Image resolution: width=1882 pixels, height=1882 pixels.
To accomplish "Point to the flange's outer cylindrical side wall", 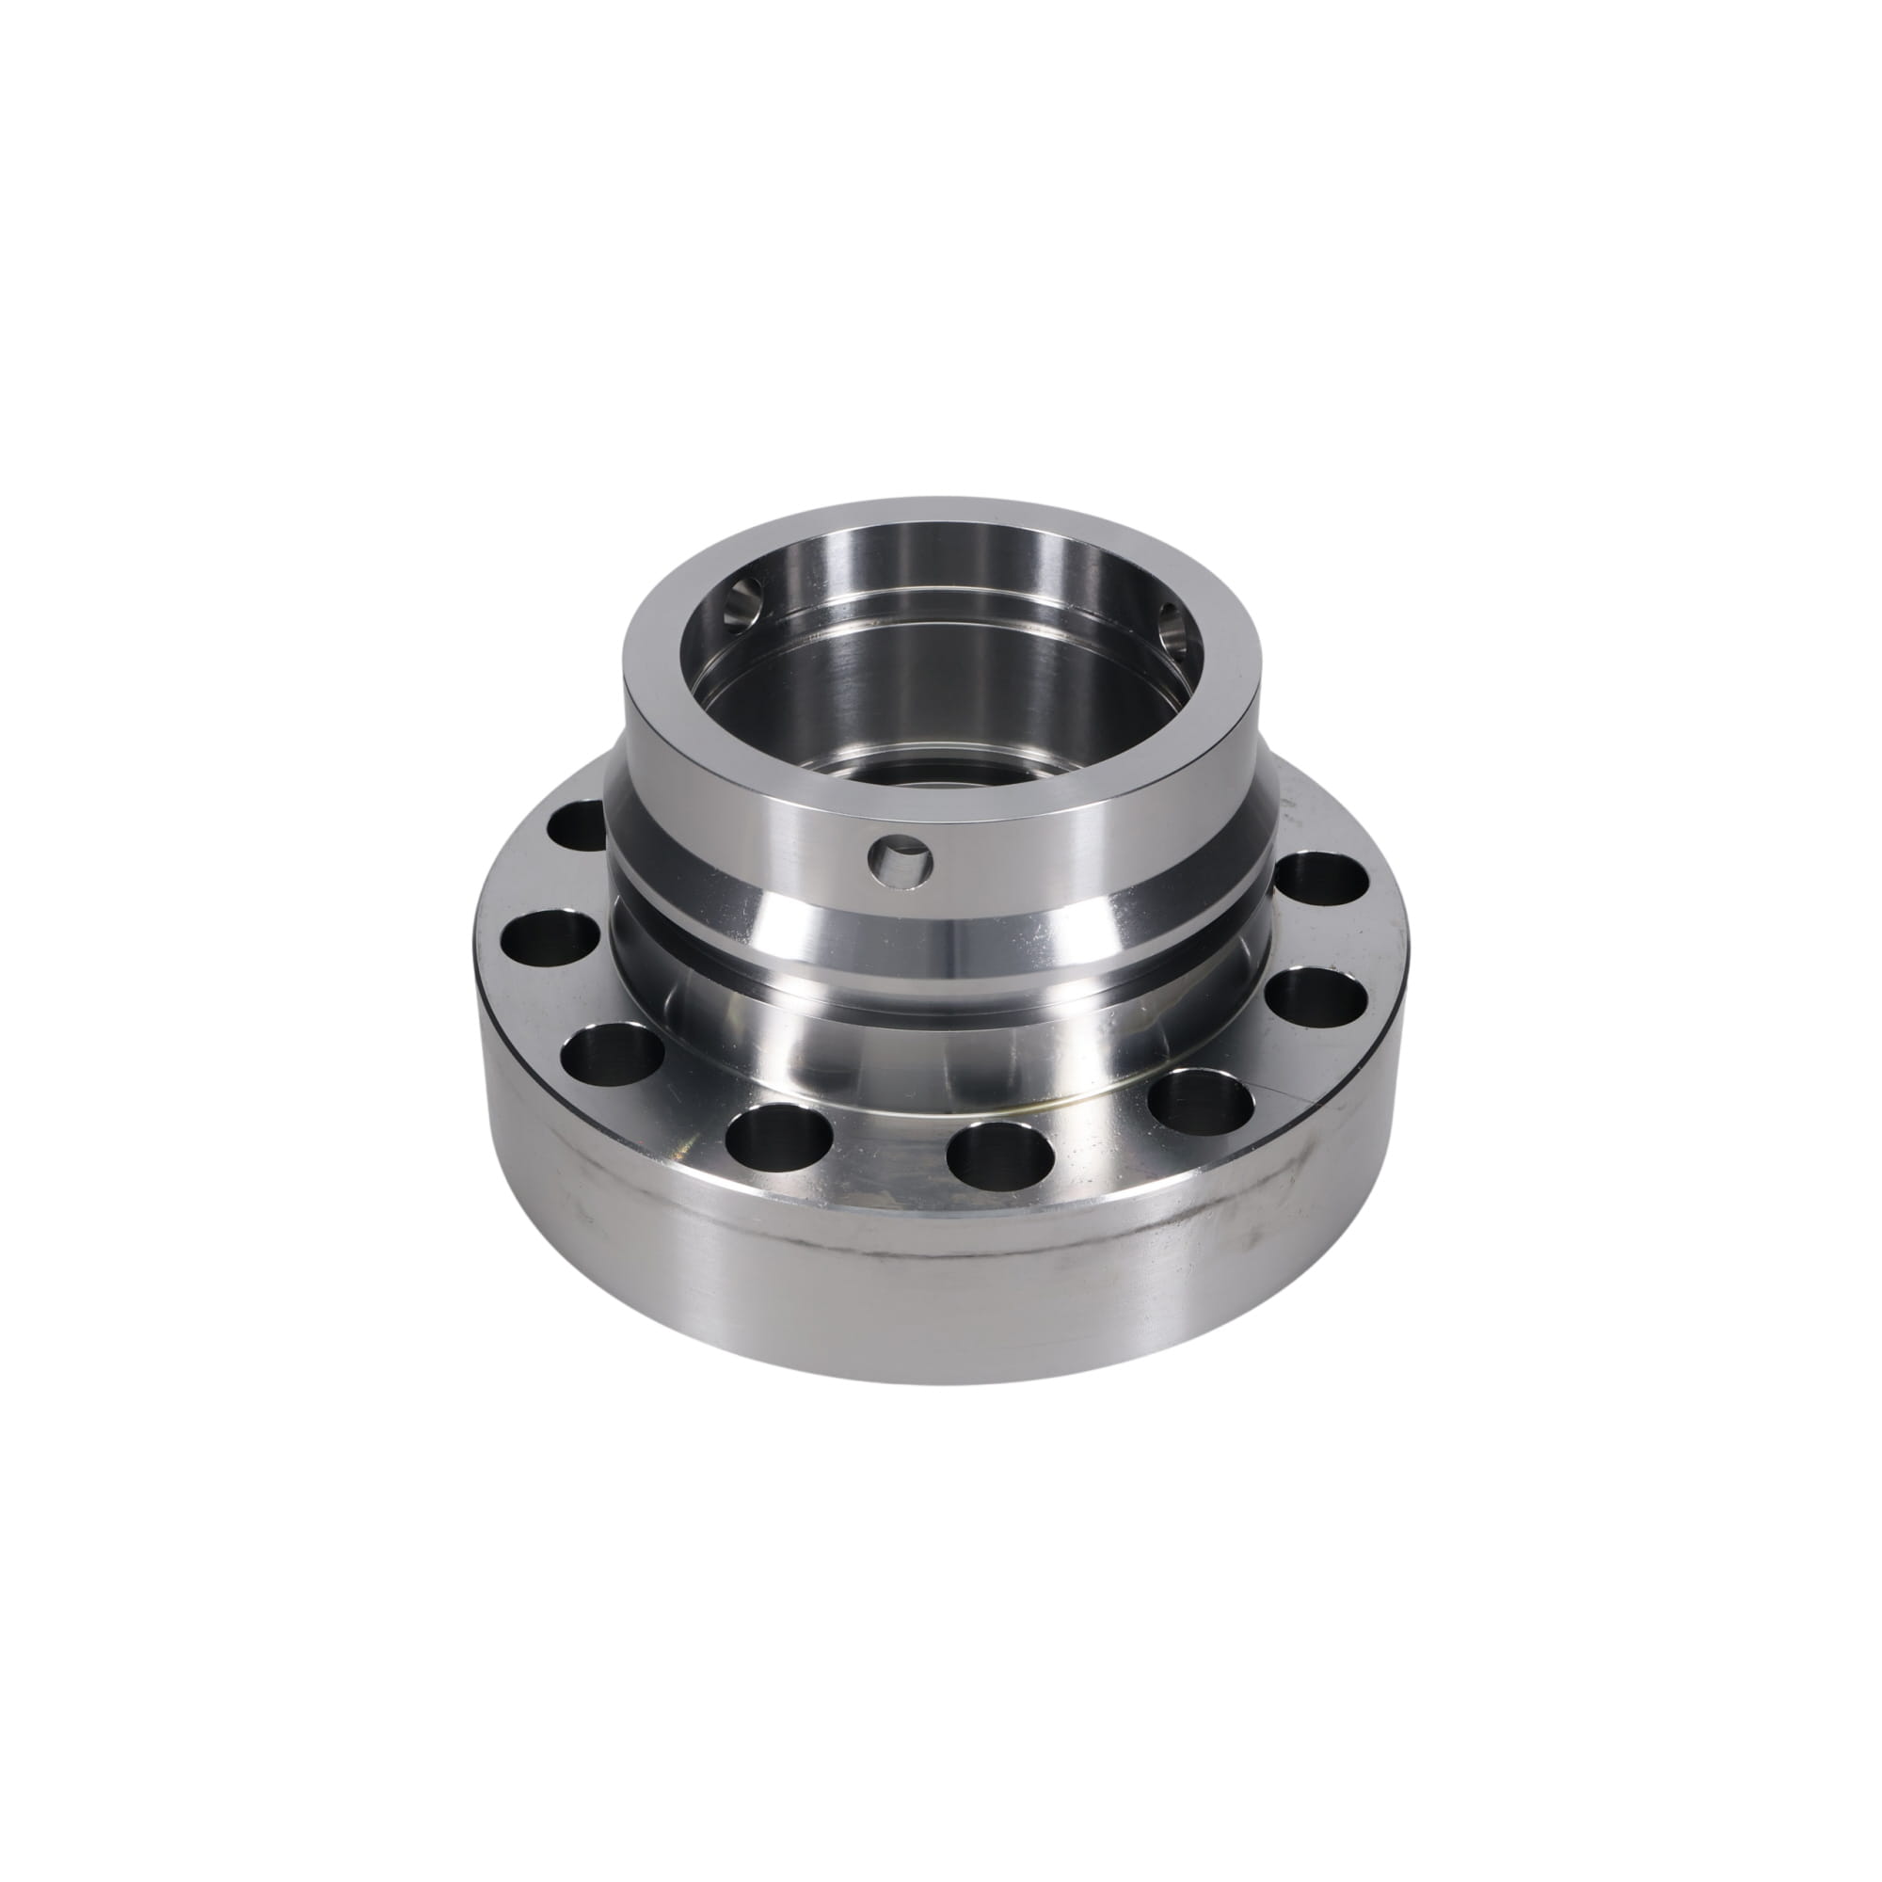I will tap(935, 1296).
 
